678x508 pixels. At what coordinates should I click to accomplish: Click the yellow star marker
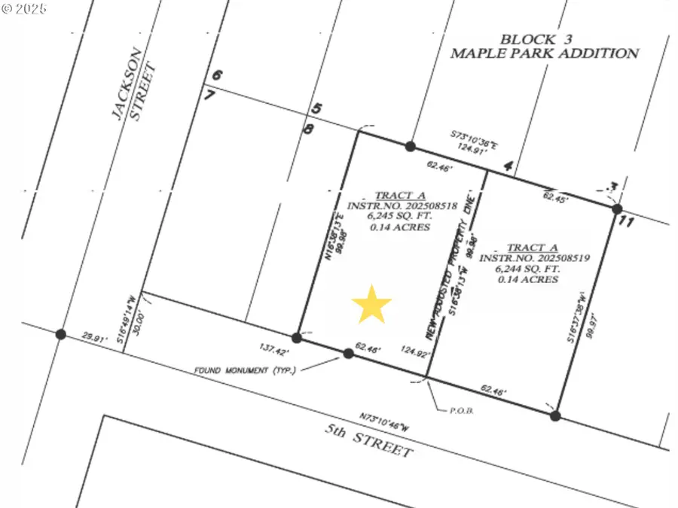tap(371, 304)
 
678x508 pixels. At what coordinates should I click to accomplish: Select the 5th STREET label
tap(369, 441)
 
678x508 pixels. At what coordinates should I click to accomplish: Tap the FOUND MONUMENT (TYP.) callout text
tap(245, 370)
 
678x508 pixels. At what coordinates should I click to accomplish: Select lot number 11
tap(625, 222)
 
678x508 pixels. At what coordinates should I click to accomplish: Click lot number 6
tap(217, 75)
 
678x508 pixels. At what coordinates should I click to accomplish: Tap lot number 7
tap(209, 95)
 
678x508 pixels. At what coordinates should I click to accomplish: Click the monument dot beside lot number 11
tap(616, 208)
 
